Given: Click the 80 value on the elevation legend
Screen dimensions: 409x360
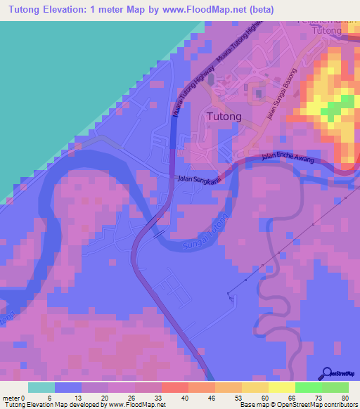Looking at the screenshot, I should click(345, 398).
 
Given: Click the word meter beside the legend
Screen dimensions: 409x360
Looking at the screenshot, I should click(11, 398).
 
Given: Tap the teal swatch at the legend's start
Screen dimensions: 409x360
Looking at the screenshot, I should click(41, 387).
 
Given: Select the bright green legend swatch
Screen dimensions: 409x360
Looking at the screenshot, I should click(308, 387).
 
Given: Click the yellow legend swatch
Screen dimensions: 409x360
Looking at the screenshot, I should click(281, 387).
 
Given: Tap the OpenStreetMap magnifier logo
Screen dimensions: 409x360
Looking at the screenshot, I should click(326, 373).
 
